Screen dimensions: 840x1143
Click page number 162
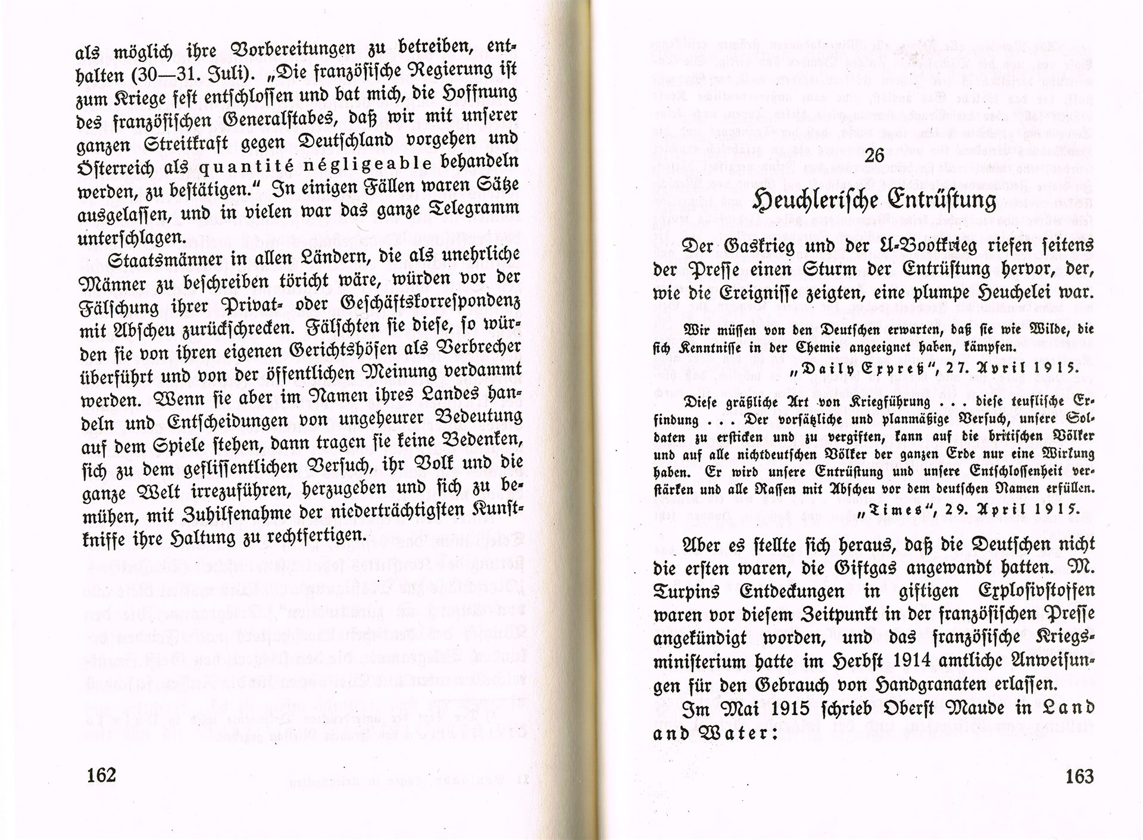100,776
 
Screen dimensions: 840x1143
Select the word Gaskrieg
758,245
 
